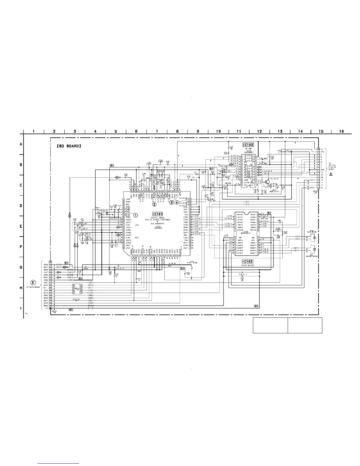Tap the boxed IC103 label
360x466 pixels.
[x=248, y=145]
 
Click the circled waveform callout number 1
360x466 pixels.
[x=136, y=215]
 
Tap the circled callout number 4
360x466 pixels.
[x=176, y=202]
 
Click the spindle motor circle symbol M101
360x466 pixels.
[x=314, y=249]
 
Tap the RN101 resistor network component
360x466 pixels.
[x=77, y=289]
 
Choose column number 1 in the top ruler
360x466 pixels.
[x=34, y=132]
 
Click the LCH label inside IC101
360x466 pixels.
[x=136, y=225]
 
